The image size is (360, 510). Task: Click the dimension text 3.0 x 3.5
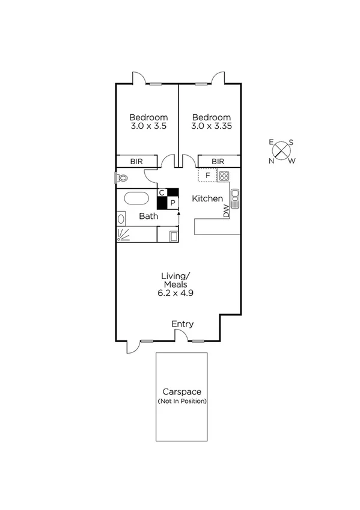tap(148, 127)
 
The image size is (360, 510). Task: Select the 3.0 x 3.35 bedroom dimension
tap(211, 127)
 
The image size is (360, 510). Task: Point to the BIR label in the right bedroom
tap(218, 161)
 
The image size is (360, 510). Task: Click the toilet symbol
tap(121, 178)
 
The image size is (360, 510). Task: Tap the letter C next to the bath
tap(162, 192)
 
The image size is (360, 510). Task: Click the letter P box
tap(172, 203)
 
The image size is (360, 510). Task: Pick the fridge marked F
tap(207, 176)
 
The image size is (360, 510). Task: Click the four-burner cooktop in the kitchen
tap(224, 176)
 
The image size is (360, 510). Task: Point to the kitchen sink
tap(235, 196)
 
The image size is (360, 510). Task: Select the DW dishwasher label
tap(227, 211)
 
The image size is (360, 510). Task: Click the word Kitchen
tap(207, 198)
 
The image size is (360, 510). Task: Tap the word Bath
tap(148, 216)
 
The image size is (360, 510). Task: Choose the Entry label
tap(183, 324)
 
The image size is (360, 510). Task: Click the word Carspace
tap(182, 392)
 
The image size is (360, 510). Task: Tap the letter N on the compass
tap(271, 161)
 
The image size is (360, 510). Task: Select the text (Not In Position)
tap(182, 401)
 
